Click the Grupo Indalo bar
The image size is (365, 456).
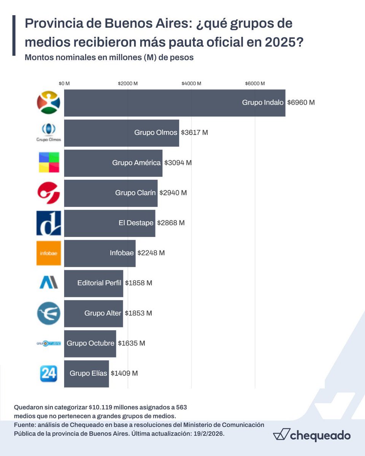pyautogui.click(x=175, y=103)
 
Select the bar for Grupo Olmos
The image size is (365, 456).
pyautogui.click(x=121, y=133)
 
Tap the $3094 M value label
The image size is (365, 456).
pyautogui.click(x=178, y=163)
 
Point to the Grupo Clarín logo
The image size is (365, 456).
pyautogui.click(x=49, y=193)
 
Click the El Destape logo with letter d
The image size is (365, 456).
pyautogui.click(x=49, y=223)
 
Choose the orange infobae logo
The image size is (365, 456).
pyautogui.click(x=49, y=253)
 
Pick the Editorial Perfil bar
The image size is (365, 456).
pyautogui.click(x=94, y=283)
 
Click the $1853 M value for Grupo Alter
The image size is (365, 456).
pyautogui.click(x=138, y=313)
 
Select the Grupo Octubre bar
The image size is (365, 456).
pyautogui.click(x=90, y=343)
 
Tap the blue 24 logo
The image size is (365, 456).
pyautogui.click(x=49, y=373)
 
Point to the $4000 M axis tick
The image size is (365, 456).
pyautogui.click(x=191, y=84)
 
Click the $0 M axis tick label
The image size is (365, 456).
pyautogui.click(x=64, y=84)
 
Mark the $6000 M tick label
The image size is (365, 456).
pyautogui.click(x=255, y=84)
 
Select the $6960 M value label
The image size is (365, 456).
pyautogui.click(x=301, y=103)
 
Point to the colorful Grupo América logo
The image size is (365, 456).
pyautogui.click(x=49, y=163)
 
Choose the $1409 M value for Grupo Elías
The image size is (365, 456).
pyautogui.click(x=124, y=373)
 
